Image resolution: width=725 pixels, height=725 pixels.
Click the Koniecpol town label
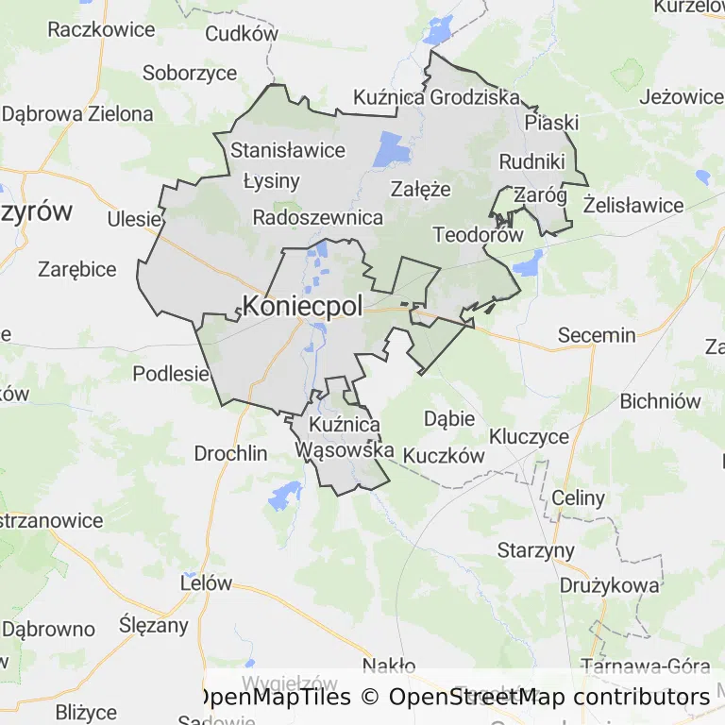tap(302, 306)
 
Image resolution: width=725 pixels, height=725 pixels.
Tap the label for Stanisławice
tap(288, 150)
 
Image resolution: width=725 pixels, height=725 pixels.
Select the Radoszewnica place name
tap(318, 218)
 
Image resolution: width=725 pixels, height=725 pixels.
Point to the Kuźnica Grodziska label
tap(436, 97)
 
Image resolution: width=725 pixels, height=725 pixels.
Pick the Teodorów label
tap(477, 235)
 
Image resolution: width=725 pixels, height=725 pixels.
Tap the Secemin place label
tap(597, 335)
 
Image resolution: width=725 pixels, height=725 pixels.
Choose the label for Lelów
tap(205, 582)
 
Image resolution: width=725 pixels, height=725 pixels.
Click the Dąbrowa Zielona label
tap(77, 114)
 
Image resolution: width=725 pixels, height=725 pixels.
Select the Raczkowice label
tap(101, 29)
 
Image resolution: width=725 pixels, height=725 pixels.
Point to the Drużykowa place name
tap(609, 585)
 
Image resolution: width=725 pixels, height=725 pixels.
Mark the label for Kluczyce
tap(529, 437)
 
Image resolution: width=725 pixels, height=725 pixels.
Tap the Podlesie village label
tap(170, 373)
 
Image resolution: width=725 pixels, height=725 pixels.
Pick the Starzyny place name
tap(536, 550)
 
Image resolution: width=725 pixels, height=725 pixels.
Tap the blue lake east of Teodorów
tap(528, 261)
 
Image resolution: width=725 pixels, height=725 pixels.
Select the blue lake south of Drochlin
tap(283, 495)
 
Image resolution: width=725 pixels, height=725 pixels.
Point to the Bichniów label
tap(660, 401)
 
